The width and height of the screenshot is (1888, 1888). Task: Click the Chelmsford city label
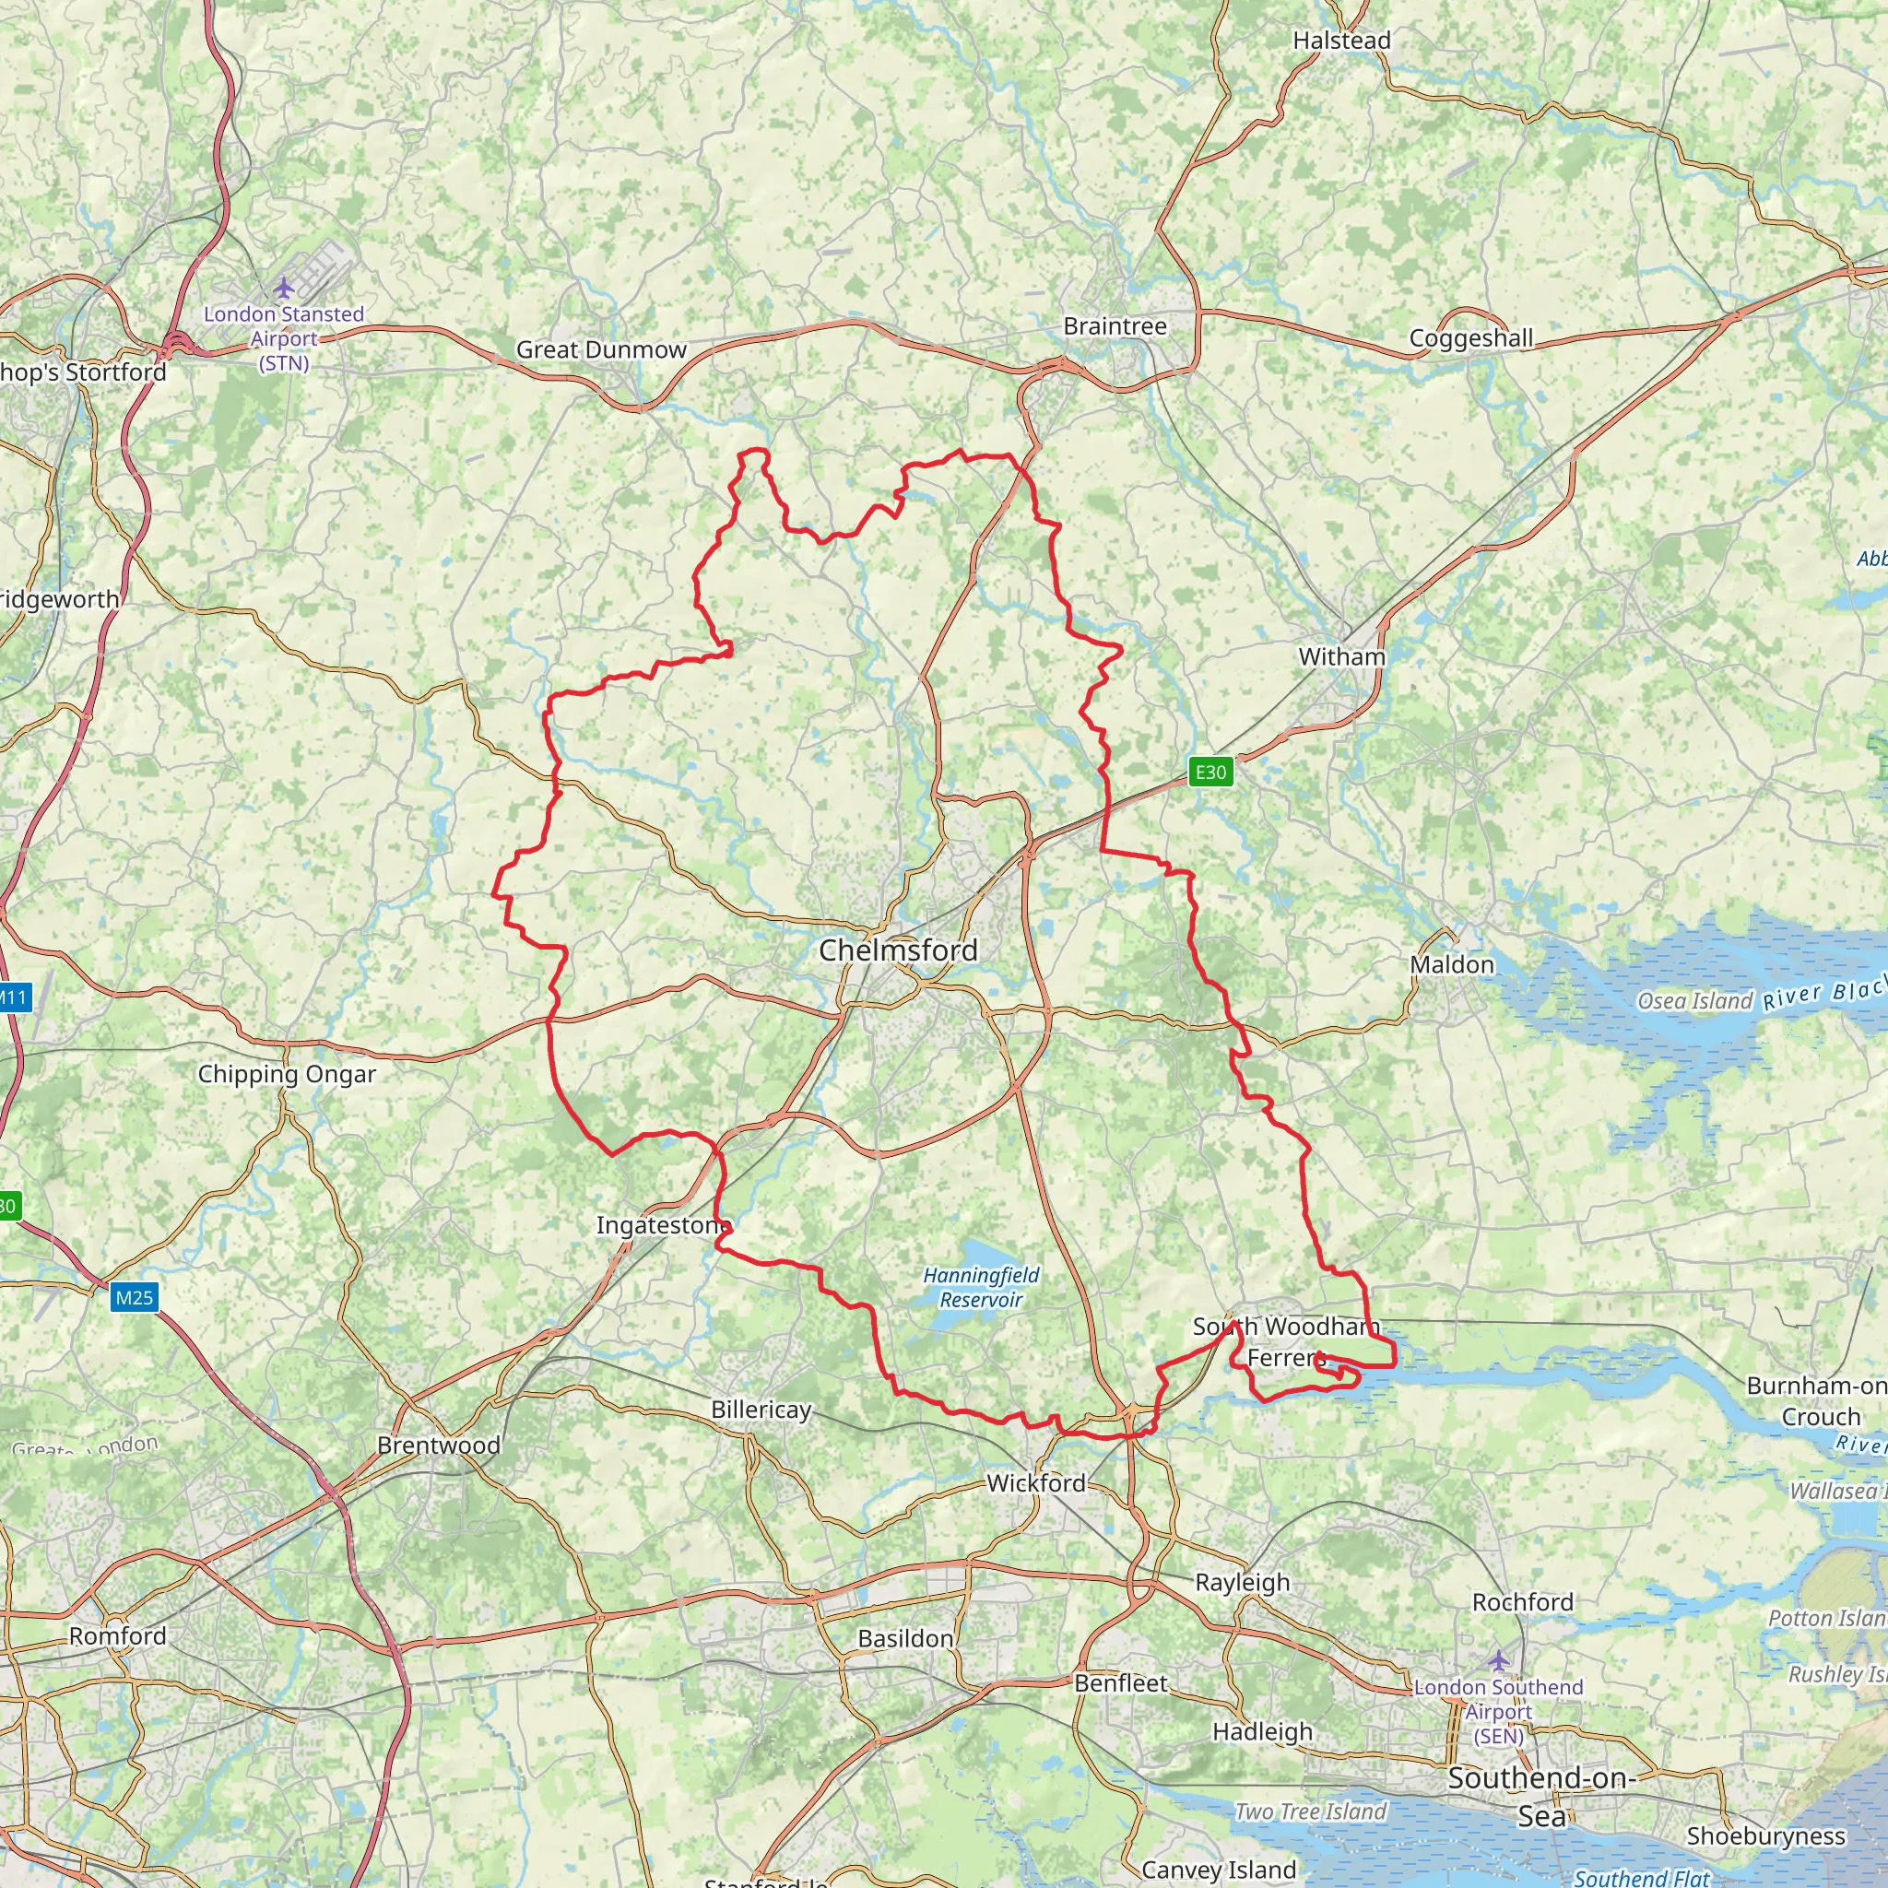coord(898,950)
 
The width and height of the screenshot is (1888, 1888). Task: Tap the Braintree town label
coord(1115,326)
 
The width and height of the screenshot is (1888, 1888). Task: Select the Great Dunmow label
coord(601,349)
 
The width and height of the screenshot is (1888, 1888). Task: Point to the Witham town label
coord(1341,656)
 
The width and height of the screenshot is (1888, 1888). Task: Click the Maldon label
coord(1451,964)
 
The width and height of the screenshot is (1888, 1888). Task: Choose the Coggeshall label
coord(1470,338)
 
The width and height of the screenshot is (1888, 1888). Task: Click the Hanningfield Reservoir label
coord(981,1287)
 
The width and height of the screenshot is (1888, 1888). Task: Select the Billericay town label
coord(761,1410)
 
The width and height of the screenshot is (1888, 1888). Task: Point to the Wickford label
coord(1036,1483)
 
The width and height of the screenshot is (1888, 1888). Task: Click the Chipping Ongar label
coord(288,1074)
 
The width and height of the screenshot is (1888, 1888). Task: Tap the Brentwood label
coord(439,1445)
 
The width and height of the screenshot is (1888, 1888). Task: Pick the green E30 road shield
coord(1210,772)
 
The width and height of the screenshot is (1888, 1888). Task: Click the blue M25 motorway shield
coord(134,1298)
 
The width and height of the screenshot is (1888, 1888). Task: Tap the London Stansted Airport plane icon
coord(283,289)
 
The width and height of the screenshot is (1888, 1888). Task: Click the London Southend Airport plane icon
coord(1498,1660)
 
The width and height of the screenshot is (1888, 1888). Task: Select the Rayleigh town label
coord(1242,1582)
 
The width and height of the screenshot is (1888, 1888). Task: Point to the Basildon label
coord(906,1639)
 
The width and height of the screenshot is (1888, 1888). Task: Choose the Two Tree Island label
coord(1311,1811)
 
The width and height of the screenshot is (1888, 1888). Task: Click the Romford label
coord(117,1636)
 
